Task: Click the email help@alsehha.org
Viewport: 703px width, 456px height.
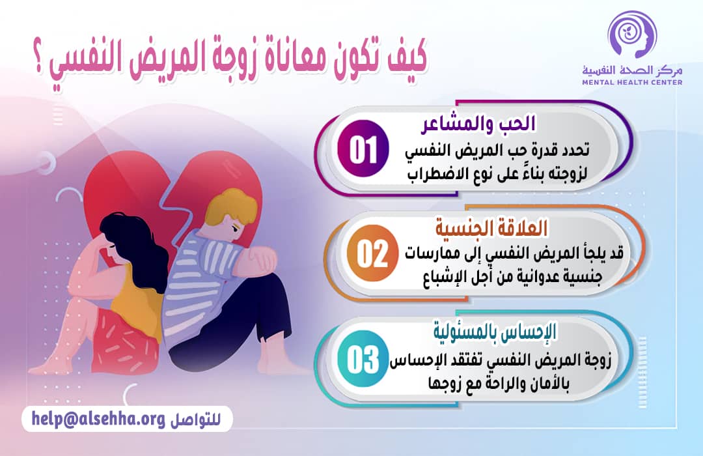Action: [98, 419]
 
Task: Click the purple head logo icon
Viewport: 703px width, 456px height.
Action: [628, 36]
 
